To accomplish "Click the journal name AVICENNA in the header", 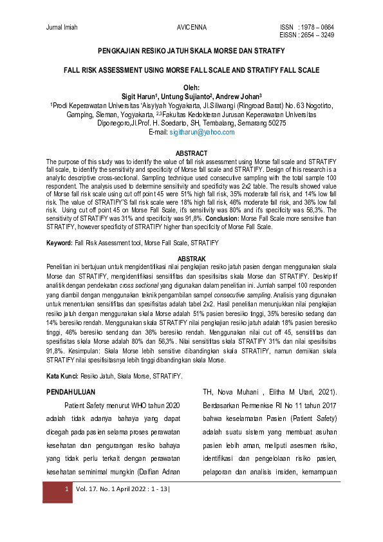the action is coord(191,28).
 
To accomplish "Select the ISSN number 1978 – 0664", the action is coord(316,28).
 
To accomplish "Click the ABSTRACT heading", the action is coord(191,153).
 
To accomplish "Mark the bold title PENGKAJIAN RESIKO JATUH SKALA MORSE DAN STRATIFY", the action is coord(191,50).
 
